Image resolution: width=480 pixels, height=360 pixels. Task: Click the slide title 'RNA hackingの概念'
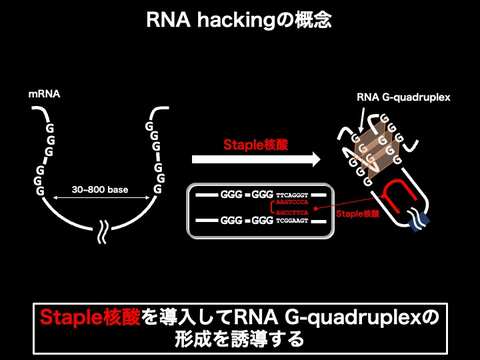239,21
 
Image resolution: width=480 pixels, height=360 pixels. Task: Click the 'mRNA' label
44,94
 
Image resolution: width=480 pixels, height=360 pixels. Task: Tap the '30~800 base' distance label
100,190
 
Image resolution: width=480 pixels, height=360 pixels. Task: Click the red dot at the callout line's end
314,208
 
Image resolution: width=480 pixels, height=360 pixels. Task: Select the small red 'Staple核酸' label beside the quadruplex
357,214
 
